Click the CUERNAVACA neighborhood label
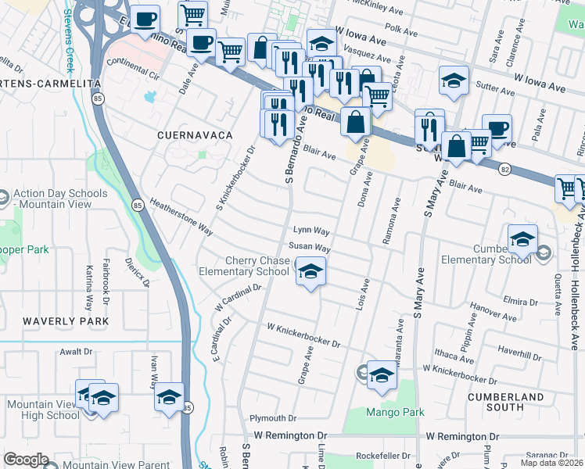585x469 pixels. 195,135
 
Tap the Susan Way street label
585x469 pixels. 310,247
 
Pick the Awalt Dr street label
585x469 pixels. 76,352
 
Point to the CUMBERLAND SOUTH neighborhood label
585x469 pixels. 505,402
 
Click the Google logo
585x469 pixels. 26,460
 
